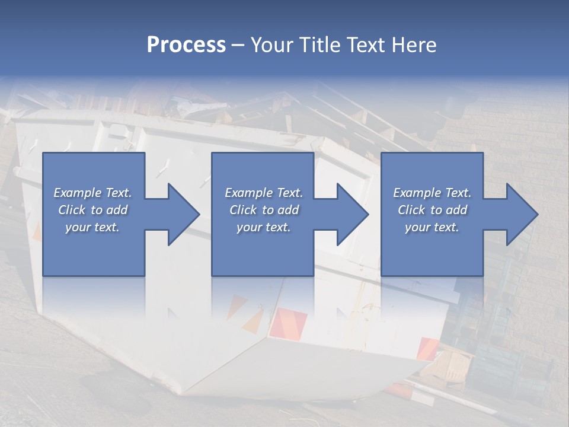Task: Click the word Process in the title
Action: [186, 45]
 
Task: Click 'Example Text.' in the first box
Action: [92, 193]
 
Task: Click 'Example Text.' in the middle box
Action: [264, 193]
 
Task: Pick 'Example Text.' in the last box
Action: [432, 193]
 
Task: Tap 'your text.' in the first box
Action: [92, 227]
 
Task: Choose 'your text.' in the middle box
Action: [264, 227]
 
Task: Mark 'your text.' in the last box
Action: [432, 227]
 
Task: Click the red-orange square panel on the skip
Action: [289, 323]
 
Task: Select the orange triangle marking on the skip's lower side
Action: [254, 321]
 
